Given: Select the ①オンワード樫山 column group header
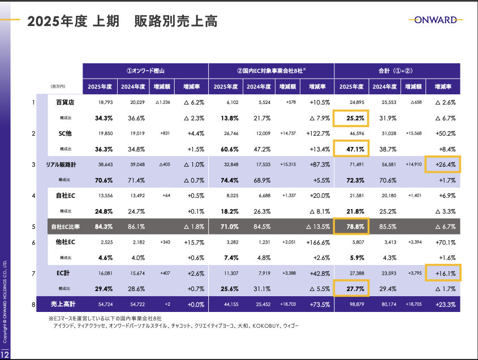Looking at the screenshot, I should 145,71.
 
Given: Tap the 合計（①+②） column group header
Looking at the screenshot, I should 397,71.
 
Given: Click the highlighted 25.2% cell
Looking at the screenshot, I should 351,118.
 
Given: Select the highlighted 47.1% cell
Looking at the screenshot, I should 351,149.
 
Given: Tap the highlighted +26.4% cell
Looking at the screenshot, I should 443,164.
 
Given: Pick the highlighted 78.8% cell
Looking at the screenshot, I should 351,227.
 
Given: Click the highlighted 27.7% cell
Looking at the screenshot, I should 351,289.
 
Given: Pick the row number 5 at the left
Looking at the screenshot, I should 33,227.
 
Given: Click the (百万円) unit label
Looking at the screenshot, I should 58,86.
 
